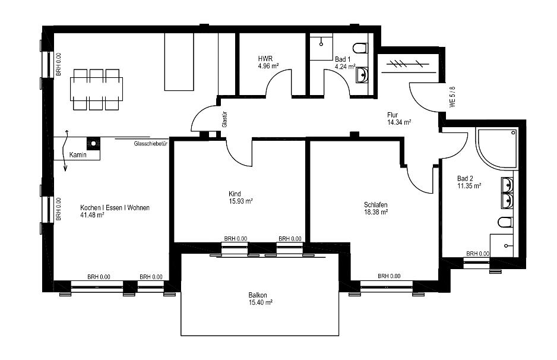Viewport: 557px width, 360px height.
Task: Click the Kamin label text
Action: point(78,155)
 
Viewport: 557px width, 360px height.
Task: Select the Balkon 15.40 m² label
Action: point(260,299)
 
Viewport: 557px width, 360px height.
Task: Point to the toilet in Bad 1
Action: point(360,48)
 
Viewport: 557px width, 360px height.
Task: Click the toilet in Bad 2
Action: point(505,222)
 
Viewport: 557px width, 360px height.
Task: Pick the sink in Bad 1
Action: point(362,75)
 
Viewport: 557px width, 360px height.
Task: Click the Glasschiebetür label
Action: point(151,144)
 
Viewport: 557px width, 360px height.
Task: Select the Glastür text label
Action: point(224,119)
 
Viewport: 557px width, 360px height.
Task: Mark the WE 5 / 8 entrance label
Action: point(452,97)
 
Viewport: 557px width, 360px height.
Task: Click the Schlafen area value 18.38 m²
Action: point(376,212)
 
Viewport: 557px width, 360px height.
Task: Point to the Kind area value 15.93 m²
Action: point(241,201)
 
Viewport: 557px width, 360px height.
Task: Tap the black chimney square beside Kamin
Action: point(93,144)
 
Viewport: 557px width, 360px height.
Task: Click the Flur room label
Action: point(393,115)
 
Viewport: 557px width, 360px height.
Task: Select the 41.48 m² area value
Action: point(93,215)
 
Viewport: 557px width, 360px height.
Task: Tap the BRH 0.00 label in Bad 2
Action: point(478,254)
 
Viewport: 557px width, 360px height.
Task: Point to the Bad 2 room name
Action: point(465,178)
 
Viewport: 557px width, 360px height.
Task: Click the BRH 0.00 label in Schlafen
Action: point(389,276)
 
